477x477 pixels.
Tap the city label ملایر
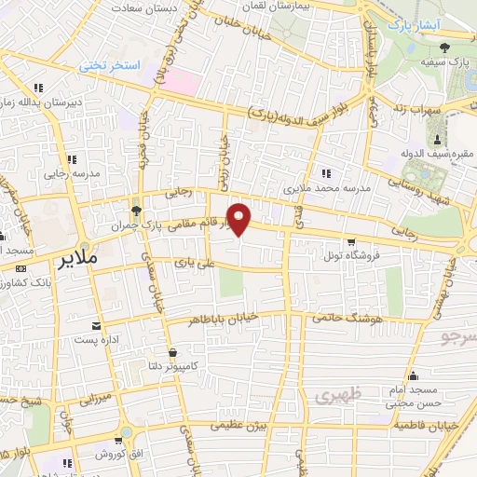(75, 257)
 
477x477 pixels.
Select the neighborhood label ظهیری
(335, 395)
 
